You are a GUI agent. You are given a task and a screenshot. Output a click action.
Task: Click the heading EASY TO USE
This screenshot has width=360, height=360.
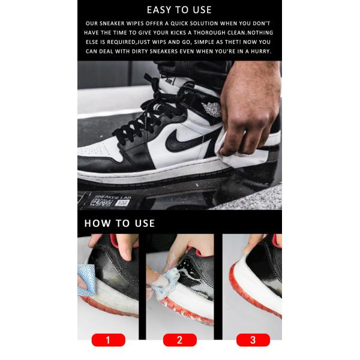point(179,10)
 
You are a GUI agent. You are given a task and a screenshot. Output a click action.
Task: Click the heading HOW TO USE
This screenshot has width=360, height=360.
point(119,223)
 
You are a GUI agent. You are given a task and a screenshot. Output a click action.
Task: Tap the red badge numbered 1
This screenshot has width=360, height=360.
point(109,340)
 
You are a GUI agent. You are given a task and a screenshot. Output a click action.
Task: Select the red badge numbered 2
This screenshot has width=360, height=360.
point(180,340)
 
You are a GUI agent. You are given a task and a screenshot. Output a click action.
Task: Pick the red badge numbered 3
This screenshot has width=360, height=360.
point(253,340)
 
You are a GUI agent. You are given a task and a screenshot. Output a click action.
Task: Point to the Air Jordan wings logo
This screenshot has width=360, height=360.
point(212,109)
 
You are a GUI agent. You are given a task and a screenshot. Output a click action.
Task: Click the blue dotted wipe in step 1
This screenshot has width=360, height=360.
point(86,280)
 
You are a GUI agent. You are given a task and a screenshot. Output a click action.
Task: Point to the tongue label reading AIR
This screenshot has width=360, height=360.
point(169,81)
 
